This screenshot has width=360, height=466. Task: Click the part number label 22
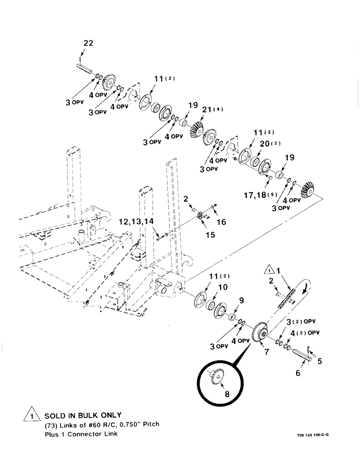pyautogui.click(x=88, y=43)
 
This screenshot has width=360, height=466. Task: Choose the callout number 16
pyautogui.click(x=221, y=222)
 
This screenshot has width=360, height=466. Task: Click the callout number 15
pyautogui.click(x=210, y=235)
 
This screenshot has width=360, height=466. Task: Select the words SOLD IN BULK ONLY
pyautogui.click(x=83, y=414)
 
